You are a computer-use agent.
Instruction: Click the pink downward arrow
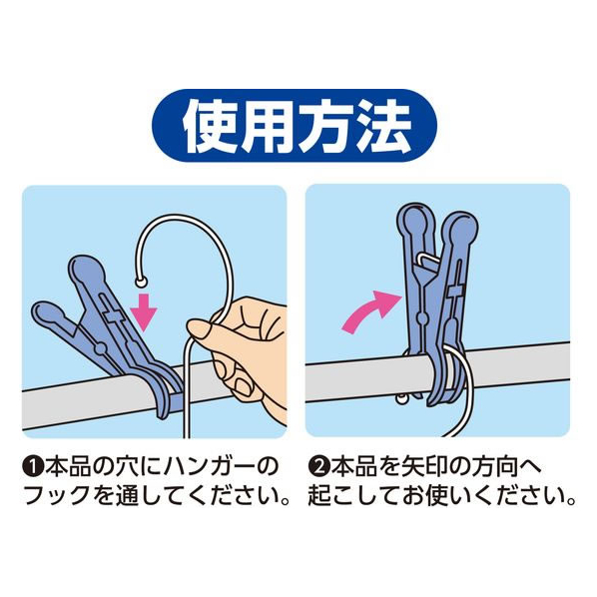pos(144,311)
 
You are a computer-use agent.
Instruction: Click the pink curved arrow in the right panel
pos(371,311)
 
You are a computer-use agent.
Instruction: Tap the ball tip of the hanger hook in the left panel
pos(141,283)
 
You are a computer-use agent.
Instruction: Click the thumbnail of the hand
pos(199,329)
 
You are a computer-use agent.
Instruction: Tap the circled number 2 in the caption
pos(317,468)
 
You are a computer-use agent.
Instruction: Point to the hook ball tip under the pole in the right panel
pos(400,398)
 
